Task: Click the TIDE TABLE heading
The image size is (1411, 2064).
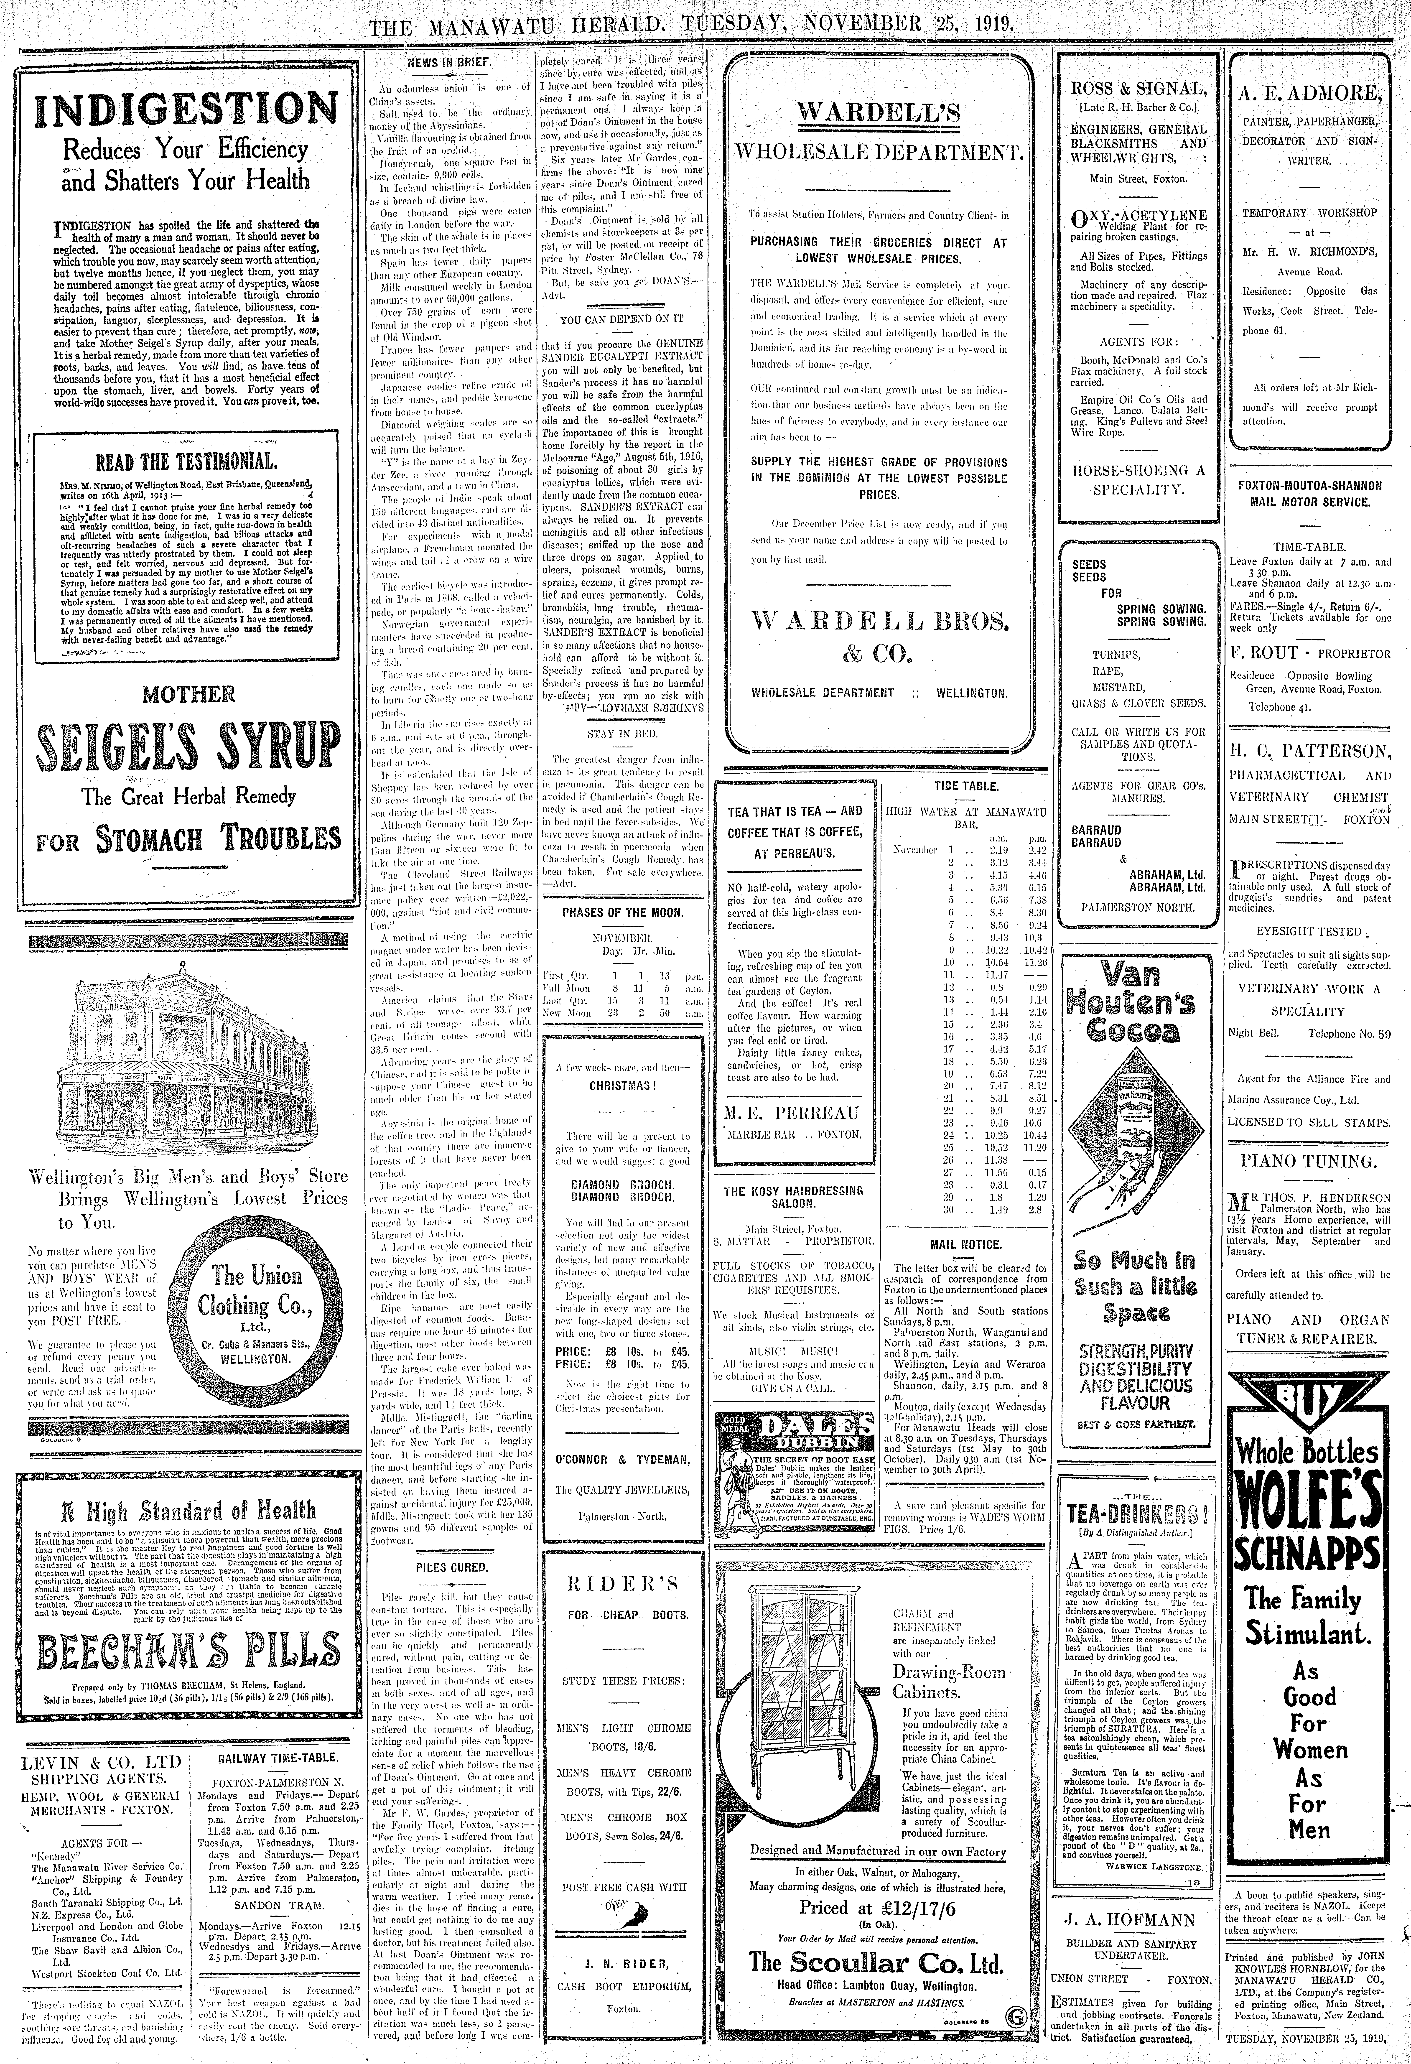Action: (x=966, y=786)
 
